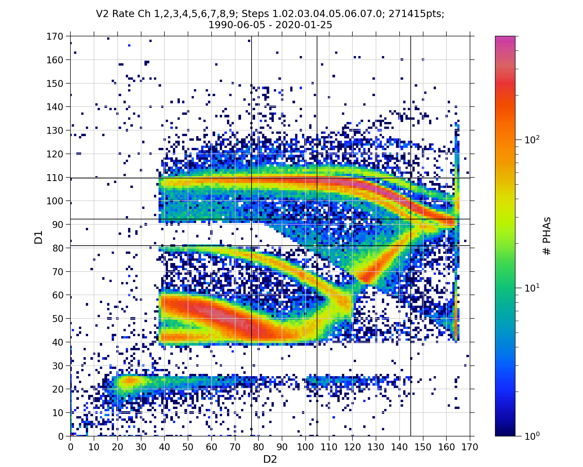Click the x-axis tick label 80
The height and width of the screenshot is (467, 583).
258,447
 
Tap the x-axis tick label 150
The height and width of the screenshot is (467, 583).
423,447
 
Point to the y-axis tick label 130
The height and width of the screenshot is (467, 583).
55,130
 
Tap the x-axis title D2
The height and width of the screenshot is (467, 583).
270,459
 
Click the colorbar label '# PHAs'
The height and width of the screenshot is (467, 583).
547,236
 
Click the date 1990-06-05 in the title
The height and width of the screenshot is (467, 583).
236,25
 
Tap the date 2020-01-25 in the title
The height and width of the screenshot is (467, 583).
304,25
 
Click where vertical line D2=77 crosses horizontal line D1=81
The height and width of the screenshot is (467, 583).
252,246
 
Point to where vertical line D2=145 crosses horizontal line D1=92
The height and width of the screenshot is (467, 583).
411,219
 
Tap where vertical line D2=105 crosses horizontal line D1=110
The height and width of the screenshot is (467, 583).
317,178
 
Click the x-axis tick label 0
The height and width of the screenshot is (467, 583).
70,447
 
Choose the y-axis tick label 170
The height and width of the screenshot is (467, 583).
55,36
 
